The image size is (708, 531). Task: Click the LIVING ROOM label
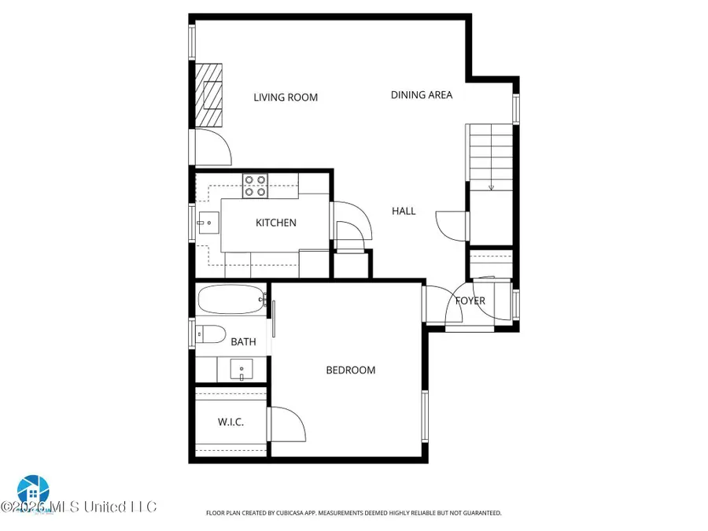pos(286,98)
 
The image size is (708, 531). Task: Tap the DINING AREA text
pos(422,95)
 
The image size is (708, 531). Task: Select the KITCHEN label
pos(276,223)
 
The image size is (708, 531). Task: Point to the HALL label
pos(404,211)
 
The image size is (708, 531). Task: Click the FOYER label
pos(470,301)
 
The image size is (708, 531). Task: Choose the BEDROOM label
pos(351,370)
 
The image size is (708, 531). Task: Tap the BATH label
pos(243,341)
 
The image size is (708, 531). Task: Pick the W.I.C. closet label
pos(230,422)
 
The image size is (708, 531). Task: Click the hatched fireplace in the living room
pos(210,94)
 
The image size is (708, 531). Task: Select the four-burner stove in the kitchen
pos(254,185)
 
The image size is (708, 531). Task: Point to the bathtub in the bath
pos(230,299)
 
